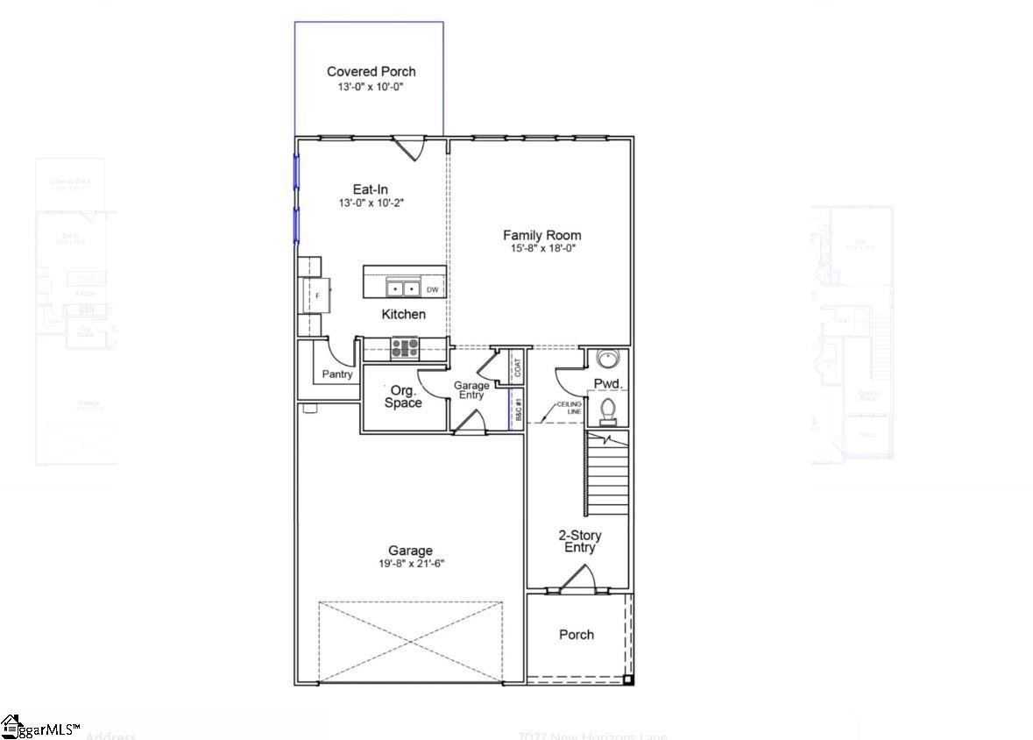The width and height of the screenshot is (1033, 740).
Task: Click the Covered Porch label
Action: pyautogui.click(x=371, y=71)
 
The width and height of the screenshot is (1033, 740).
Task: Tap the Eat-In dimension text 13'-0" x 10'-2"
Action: pyautogui.click(x=371, y=203)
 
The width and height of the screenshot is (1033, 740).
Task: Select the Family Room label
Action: pyautogui.click(x=541, y=235)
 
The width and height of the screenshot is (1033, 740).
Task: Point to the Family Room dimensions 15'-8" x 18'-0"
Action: pyautogui.click(x=541, y=248)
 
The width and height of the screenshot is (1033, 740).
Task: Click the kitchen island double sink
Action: pyautogui.click(x=403, y=288)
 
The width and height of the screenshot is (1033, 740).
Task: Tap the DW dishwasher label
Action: pyautogui.click(x=432, y=289)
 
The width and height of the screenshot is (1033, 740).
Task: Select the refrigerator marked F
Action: pyautogui.click(x=317, y=295)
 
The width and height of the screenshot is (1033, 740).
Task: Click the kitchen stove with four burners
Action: pyautogui.click(x=404, y=348)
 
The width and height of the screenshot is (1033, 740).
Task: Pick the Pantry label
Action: pyautogui.click(x=337, y=374)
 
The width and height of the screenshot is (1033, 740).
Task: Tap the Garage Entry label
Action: pyautogui.click(x=471, y=390)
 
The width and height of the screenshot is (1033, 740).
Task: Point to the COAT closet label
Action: pyautogui.click(x=517, y=367)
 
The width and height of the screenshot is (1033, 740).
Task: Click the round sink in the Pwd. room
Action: pyautogui.click(x=606, y=359)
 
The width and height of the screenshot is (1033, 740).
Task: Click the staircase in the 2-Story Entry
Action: pyautogui.click(x=607, y=473)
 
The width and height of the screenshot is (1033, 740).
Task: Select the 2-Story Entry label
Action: pyautogui.click(x=579, y=541)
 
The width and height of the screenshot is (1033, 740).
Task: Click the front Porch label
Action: pyautogui.click(x=576, y=634)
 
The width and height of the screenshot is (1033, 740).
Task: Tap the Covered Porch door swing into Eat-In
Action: pyautogui.click(x=409, y=147)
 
